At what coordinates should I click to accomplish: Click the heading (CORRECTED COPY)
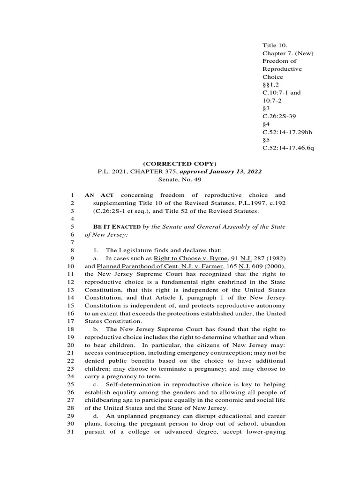tap(180, 164)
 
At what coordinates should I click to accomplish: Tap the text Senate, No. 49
tap(180, 180)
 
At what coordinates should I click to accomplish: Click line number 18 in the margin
tap(71, 330)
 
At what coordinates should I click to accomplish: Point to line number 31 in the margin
tap(71, 432)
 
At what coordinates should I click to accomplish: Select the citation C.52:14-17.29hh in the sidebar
tap(287, 132)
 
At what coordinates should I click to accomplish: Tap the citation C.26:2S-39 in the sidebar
tap(280, 116)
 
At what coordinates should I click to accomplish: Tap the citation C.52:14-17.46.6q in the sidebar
tap(288, 148)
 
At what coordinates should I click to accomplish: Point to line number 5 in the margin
tap(72, 227)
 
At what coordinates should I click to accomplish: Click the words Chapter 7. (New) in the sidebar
tap(288, 53)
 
